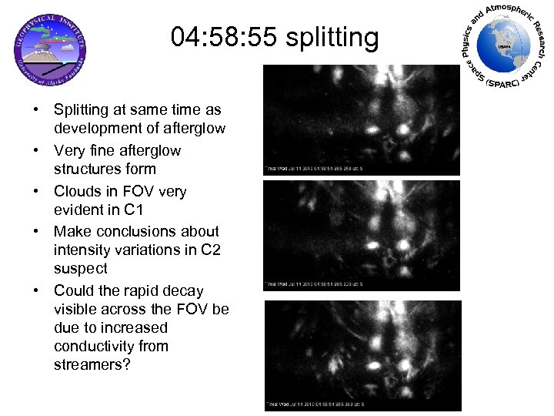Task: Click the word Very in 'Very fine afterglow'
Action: click(68, 150)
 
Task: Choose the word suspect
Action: click(80, 269)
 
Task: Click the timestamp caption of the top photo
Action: click(315, 167)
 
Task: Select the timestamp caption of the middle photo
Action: click(315, 284)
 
